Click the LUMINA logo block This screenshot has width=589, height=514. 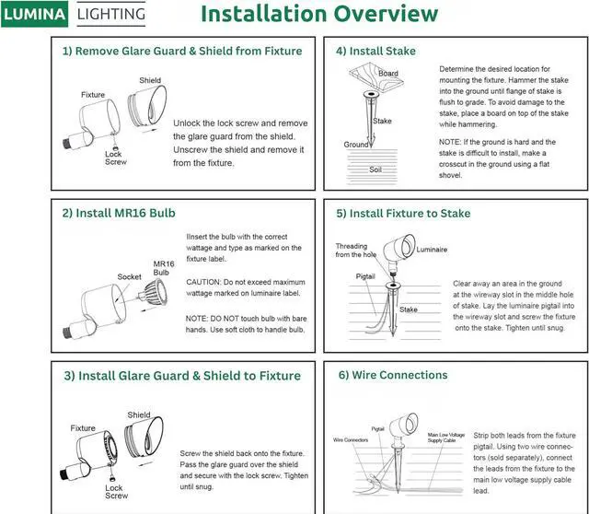35,14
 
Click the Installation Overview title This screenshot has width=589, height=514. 318,15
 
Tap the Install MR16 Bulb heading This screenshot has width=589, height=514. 119,213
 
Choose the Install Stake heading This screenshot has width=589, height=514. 375,52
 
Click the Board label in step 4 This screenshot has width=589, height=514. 388,74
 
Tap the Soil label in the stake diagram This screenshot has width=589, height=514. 375,169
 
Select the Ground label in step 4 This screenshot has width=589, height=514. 356,145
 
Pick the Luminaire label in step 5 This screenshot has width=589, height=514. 432,250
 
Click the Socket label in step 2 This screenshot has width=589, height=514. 130,276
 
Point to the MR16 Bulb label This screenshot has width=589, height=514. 163,268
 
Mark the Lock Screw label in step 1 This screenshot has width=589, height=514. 114,158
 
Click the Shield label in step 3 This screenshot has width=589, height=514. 139,415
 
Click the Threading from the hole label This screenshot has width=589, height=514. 351,250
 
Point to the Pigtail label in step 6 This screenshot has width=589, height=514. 377,428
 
